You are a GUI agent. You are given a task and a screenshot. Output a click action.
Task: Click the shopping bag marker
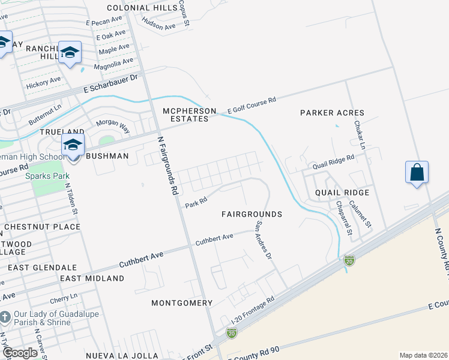click(417, 173)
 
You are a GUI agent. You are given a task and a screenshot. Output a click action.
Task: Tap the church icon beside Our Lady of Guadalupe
click(5, 316)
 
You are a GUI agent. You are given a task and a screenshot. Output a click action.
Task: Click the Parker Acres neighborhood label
click(332, 113)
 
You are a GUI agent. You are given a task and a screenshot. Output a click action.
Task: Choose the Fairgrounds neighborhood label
click(252, 214)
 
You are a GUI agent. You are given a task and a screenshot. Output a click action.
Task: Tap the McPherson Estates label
click(185, 115)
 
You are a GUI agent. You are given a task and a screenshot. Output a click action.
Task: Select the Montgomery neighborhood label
click(182, 303)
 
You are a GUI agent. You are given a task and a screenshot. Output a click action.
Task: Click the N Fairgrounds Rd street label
click(168, 166)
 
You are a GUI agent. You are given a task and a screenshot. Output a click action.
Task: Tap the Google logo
click(20, 353)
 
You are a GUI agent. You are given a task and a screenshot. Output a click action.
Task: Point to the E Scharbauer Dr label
click(111, 85)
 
